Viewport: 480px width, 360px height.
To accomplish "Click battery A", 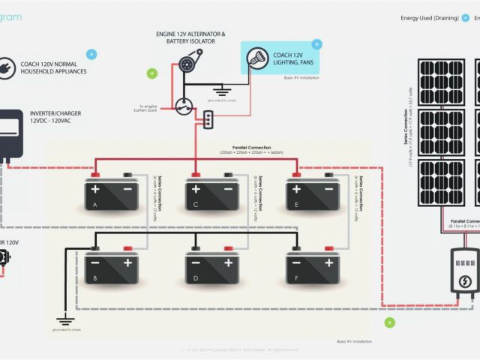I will [x=111, y=193].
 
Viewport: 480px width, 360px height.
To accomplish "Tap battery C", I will [x=212, y=193].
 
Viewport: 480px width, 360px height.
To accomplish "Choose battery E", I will [x=313, y=193].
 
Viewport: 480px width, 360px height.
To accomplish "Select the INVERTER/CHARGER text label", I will [x=55, y=113].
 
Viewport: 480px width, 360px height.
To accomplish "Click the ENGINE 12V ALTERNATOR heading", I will [x=190, y=34].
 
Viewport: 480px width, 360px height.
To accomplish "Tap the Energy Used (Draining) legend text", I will [x=430, y=17].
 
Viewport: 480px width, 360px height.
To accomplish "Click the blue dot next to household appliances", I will [x=91, y=54].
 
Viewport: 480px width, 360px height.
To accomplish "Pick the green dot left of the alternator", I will [x=152, y=73].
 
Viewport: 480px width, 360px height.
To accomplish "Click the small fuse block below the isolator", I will [x=209, y=118].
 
